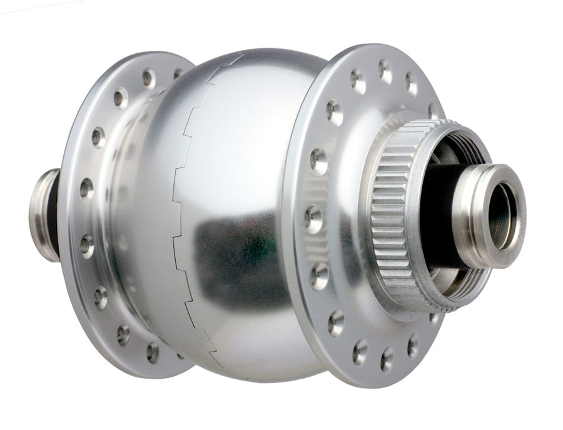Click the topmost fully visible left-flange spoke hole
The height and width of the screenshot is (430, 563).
[x=148, y=78]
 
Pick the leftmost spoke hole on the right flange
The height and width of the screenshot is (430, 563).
[x=313, y=219]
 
